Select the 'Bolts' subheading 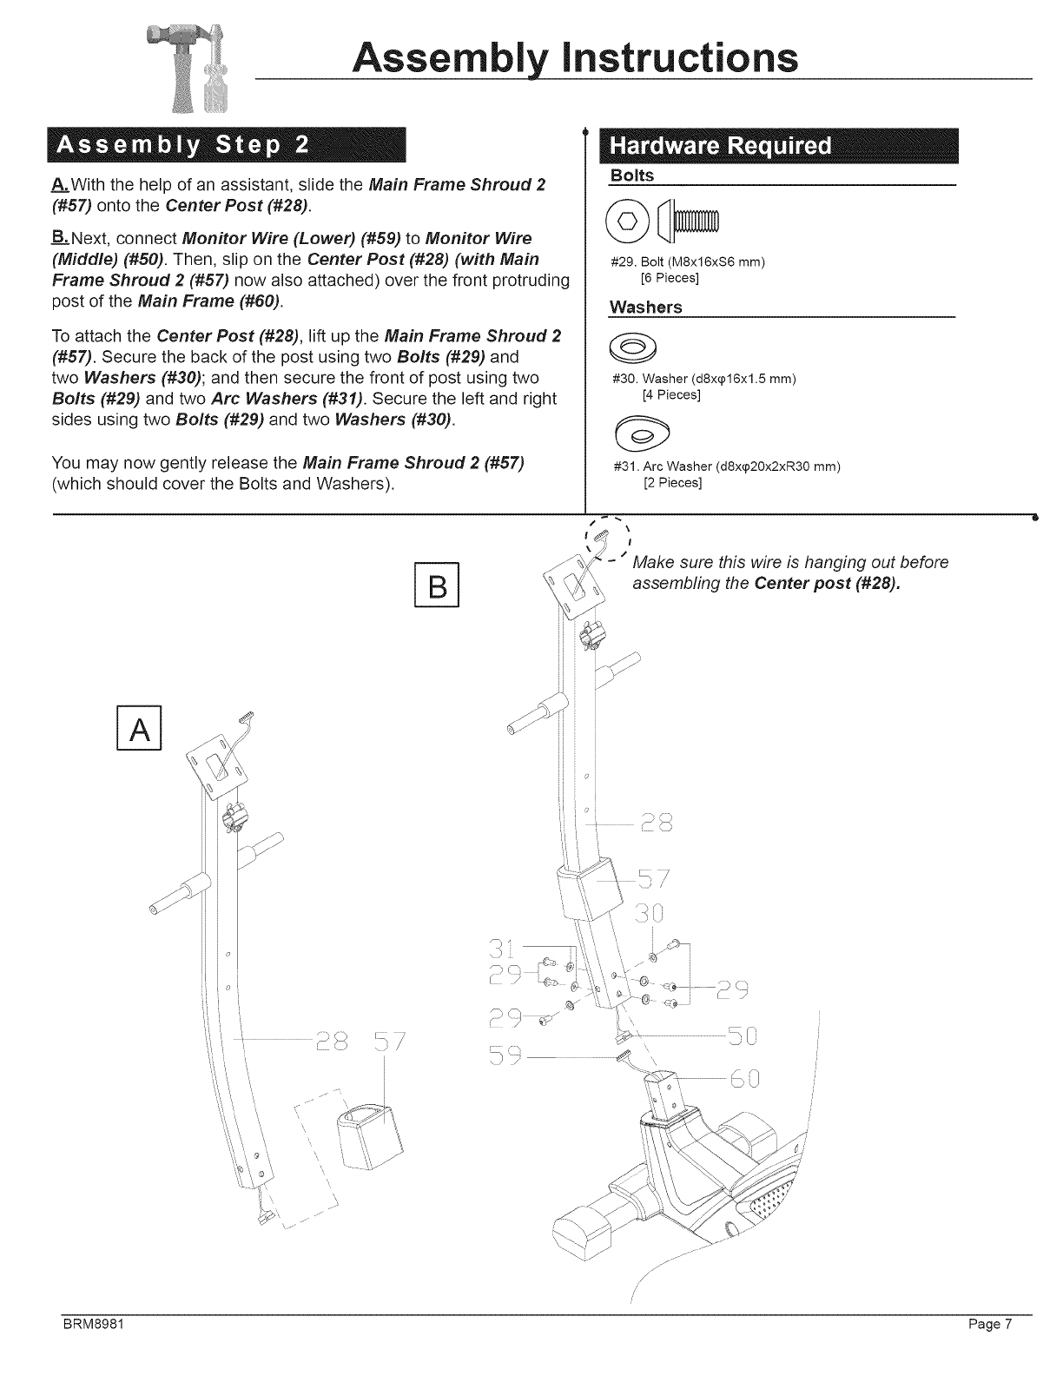click(631, 176)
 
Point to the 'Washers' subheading click(645, 308)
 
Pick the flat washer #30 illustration click(637, 349)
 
